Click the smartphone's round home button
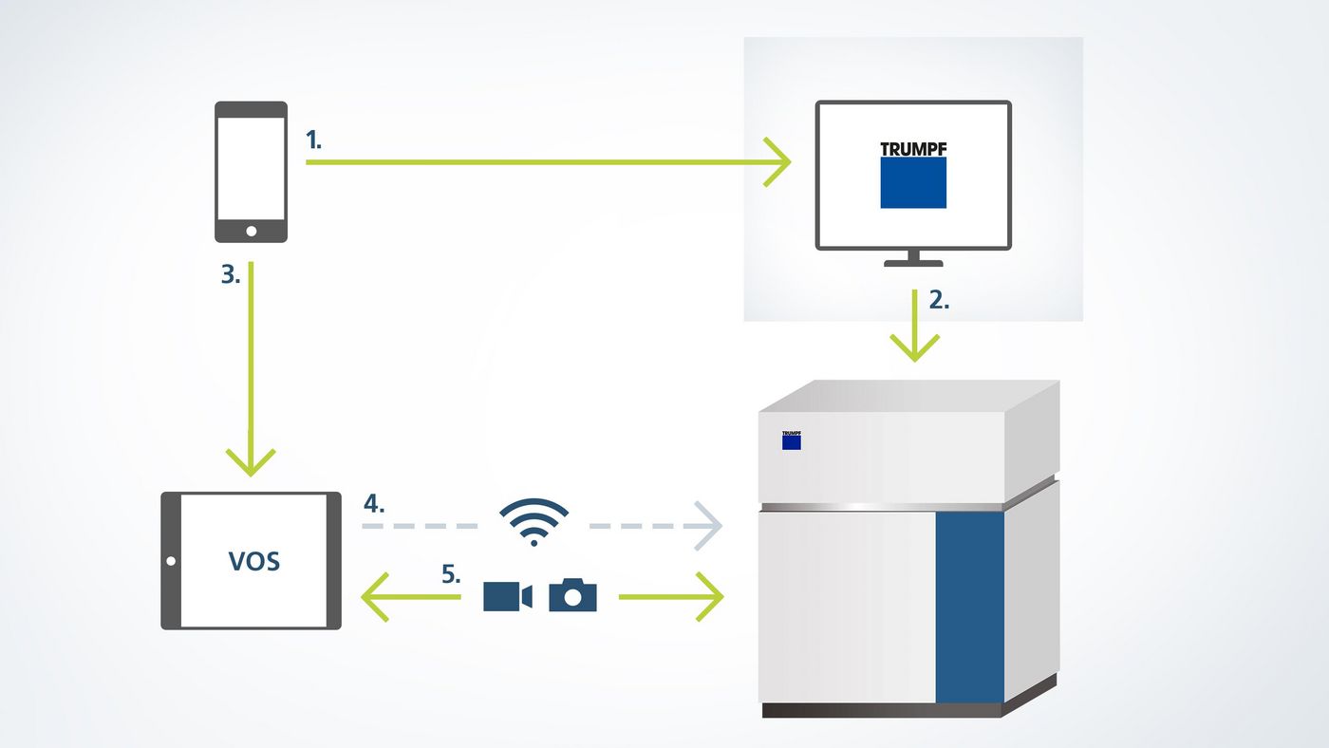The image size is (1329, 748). [251, 231]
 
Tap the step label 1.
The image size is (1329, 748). [313, 140]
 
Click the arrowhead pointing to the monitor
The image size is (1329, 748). [778, 162]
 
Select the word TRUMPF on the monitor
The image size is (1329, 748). [913, 149]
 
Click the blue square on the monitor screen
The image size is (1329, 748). [913, 182]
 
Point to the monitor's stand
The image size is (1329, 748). [913, 258]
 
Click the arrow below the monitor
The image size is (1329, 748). [915, 328]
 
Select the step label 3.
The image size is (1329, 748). [231, 274]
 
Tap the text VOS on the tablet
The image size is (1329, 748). [254, 560]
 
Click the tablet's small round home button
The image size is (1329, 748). [171, 561]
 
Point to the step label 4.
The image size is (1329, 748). [374, 503]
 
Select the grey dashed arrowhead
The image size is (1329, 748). [707, 525]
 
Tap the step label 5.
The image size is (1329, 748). [452, 574]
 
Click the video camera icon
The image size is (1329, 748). [507, 596]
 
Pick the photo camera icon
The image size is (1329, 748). [572, 595]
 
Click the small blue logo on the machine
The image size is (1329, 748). [792, 440]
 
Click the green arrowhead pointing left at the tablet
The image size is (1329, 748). [376, 597]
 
